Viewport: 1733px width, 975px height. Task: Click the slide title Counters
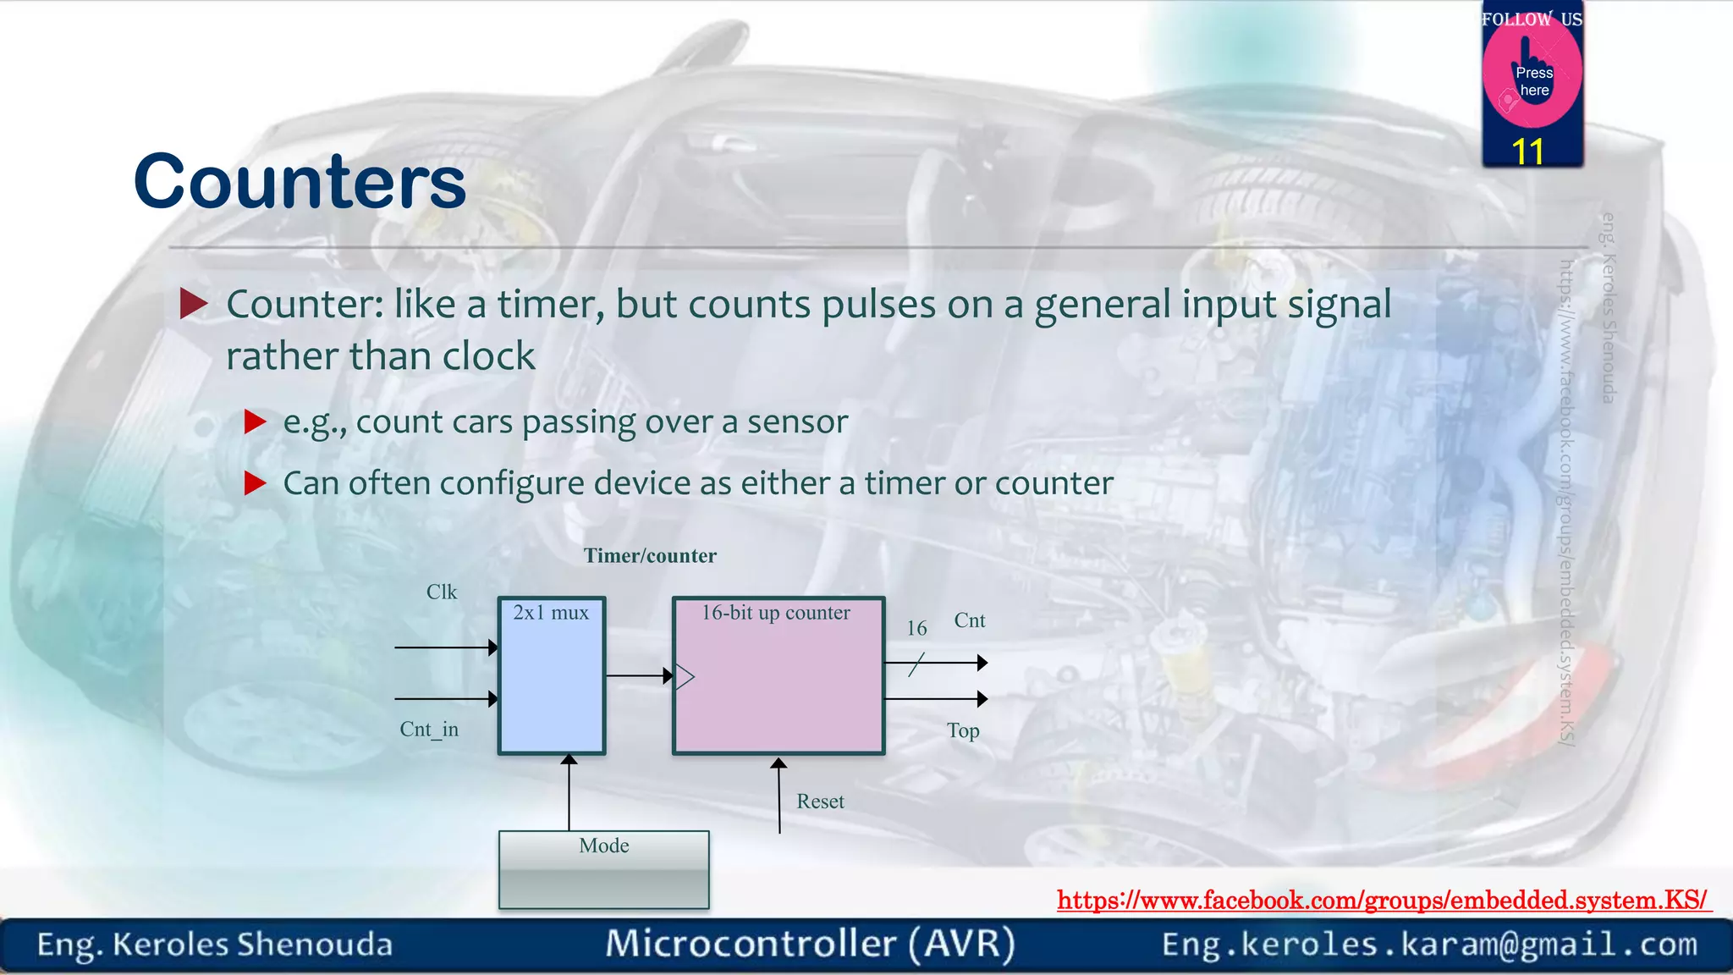(x=300, y=182)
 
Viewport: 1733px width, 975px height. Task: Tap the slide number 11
(x=1527, y=152)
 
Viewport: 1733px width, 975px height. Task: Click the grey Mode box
(x=603, y=870)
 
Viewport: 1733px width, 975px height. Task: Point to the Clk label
(x=441, y=592)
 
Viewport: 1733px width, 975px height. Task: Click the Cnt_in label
(x=429, y=730)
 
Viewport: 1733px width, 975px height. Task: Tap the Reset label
(x=820, y=801)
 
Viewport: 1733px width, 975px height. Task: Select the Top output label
(x=963, y=730)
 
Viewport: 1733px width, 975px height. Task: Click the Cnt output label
(x=970, y=620)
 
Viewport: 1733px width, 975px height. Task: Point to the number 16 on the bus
(x=916, y=629)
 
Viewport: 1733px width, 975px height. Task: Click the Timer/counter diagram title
(x=650, y=556)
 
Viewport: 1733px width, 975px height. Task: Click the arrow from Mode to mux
(x=569, y=791)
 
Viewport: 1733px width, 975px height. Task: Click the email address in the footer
(x=1429, y=944)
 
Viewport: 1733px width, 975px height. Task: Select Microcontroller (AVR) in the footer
(x=810, y=944)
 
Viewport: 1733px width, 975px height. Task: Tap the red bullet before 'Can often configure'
(x=255, y=483)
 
